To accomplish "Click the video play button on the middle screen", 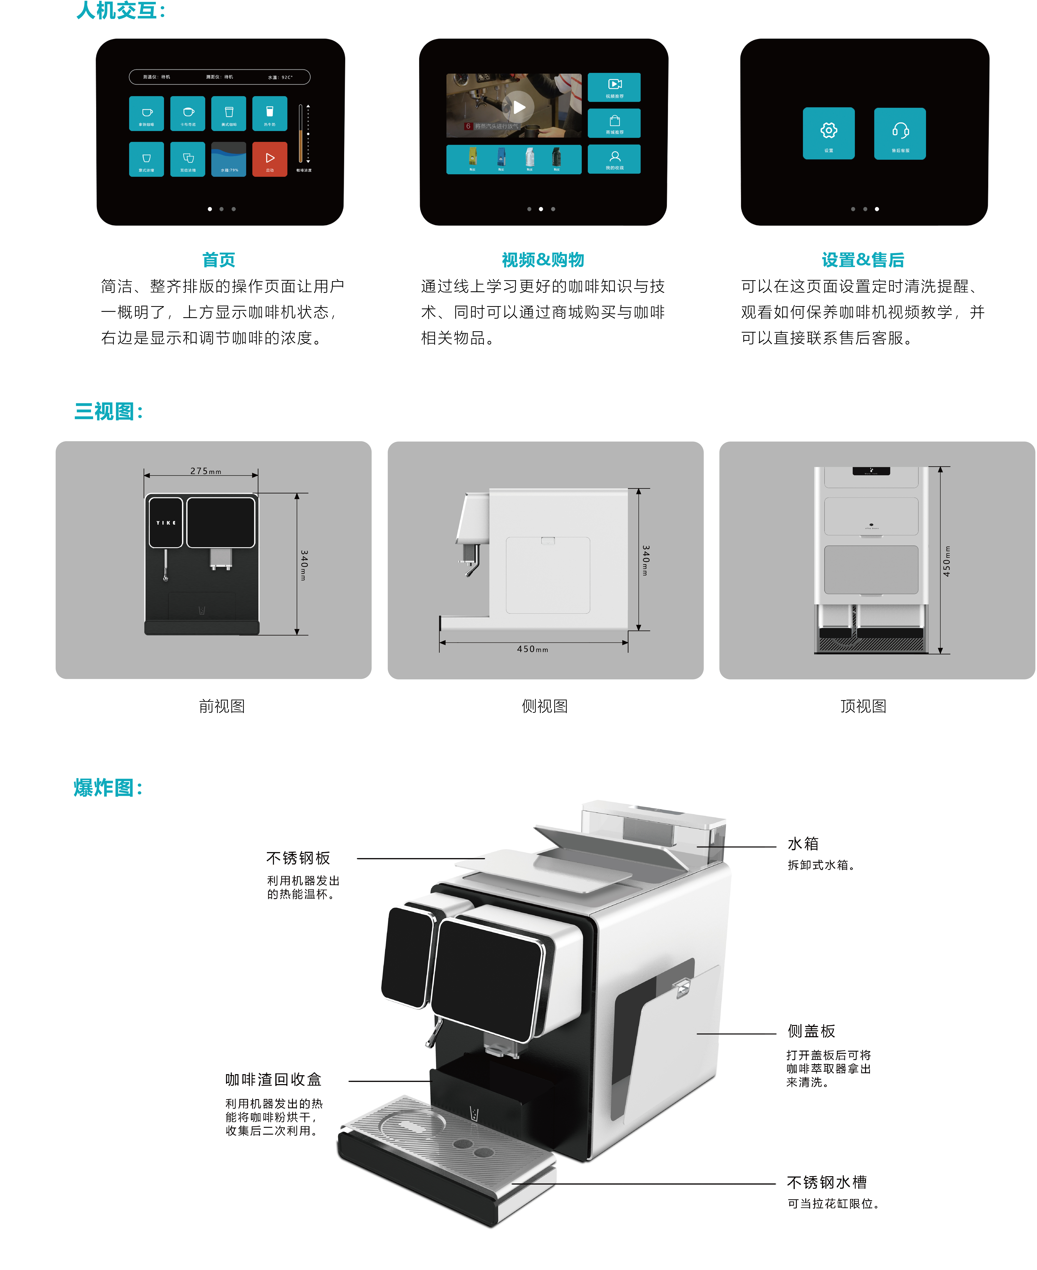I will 519,107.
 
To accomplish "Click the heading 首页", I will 219,260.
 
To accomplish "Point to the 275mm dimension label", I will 206,471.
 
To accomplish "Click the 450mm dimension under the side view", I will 532,649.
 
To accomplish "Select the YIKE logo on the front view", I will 166,523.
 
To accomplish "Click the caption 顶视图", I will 863,706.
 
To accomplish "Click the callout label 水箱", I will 803,844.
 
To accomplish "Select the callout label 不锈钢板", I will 298,858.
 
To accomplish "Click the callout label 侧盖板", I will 811,1031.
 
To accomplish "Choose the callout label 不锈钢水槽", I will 827,1182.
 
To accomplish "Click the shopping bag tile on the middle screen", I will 614,123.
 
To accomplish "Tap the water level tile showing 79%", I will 229,159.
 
